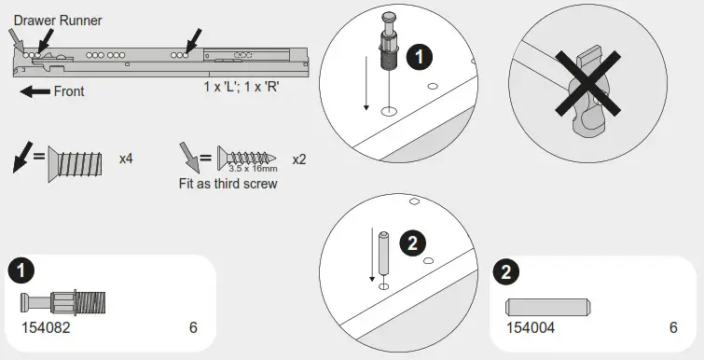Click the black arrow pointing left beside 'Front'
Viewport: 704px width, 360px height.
point(35,91)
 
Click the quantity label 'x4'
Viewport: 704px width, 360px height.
point(126,159)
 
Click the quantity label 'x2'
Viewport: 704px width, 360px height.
point(298,159)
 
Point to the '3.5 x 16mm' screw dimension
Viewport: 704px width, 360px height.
point(254,169)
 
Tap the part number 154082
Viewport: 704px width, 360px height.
point(46,328)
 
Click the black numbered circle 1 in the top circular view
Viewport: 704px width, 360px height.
point(420,57)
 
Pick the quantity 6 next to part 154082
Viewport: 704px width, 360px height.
point(193,328)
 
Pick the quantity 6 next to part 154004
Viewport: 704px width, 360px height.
point(672,328)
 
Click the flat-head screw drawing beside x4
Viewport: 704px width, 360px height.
point(78,161)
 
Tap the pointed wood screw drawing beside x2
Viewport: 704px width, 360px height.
point(248,155)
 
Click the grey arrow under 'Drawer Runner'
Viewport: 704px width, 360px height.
point(17,39)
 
